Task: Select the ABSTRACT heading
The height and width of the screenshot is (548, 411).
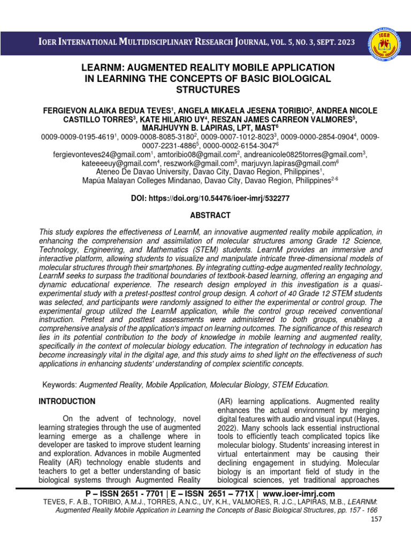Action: coord(211,215)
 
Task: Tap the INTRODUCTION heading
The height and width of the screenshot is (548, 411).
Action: coord(67,401)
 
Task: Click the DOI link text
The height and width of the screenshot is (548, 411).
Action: coord(210,198)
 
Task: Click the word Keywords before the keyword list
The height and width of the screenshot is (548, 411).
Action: coord(59,384)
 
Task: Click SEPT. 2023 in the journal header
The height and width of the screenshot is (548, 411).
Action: coord(331,41)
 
